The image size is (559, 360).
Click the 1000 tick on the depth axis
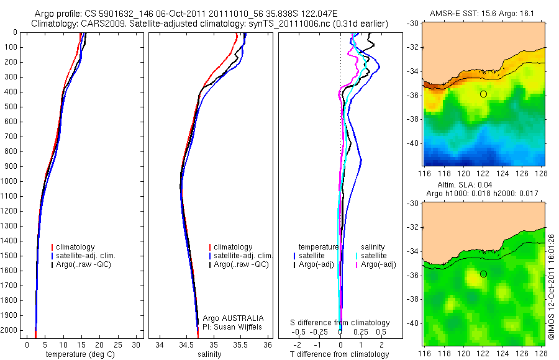(x=9, y=181)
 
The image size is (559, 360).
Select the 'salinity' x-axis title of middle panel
(x=210, y=354)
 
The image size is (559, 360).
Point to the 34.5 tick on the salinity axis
(x=186, y=344)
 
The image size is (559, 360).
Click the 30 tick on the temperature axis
(x=137, y=344)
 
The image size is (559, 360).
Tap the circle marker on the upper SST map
(x=483, y=94)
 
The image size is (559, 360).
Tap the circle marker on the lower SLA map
(x=483, y=274)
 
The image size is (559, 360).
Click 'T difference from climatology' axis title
(x=340, y=354)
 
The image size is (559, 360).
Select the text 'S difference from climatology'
(x=340, y=323)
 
